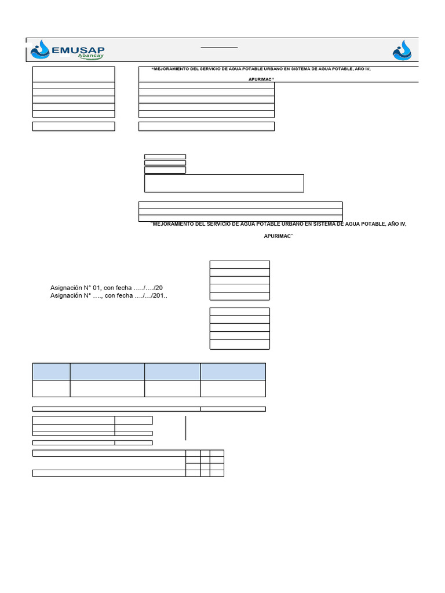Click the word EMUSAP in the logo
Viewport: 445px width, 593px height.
pos(78,51)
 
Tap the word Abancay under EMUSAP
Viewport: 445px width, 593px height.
pos(89,58)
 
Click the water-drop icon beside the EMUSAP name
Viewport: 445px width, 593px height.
pos(41,50)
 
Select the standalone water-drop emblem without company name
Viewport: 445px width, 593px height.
pos(402,50)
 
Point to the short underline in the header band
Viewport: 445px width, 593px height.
pos(219,46)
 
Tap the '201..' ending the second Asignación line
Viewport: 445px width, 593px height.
pos(161,296)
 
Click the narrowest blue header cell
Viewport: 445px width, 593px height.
pos(51,371)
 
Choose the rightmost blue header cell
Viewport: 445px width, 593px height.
pos(233,371)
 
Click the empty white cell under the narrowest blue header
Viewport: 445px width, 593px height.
pos(51,389)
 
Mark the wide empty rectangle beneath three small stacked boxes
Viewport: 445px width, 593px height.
pos(224,183)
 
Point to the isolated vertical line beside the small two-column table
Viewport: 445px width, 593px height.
pos(185,427)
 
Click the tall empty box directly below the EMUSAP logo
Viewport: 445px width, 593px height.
pos(74,74)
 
